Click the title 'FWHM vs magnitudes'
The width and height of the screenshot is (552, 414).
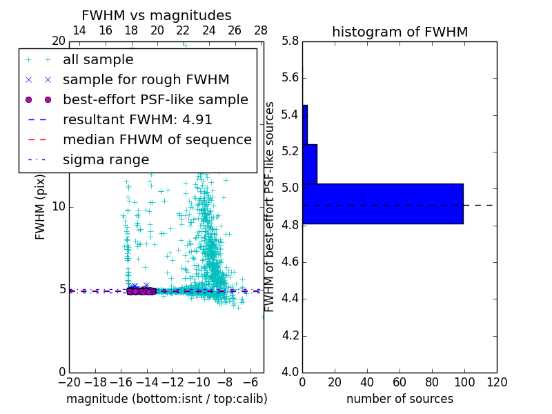(157, 15)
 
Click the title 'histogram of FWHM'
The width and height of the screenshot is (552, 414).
(400, 32)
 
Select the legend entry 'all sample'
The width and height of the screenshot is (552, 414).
(98, 60)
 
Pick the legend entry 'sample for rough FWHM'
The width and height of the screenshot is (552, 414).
(146, 79)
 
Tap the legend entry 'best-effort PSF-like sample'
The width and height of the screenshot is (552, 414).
(155, 99)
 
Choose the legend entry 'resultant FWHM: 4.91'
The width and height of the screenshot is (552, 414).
(137, 119)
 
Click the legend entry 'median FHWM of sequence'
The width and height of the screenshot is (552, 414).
(157, 139)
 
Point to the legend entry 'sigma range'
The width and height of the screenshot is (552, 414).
(106, 159)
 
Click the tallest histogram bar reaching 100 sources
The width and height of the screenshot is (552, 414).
(383, 204)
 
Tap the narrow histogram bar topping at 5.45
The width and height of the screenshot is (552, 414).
(305, 124)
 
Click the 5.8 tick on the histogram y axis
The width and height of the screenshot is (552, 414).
(290, 41)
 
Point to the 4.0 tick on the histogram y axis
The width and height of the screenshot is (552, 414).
(290, 372)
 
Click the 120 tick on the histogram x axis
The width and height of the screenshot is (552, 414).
(497, 382)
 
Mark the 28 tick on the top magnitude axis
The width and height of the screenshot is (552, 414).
(261, 30)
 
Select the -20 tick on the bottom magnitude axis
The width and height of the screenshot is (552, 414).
(69, 382)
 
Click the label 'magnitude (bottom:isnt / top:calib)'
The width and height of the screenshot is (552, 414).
(166, 399)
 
